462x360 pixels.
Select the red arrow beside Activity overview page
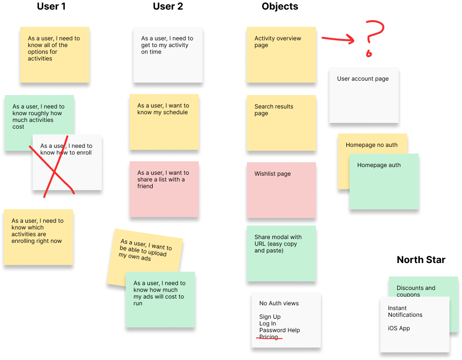click(338, 39)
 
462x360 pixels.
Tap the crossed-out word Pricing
click(268, 337)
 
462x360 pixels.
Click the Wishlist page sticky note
click(281, 190)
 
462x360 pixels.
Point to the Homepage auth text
click(379, 165)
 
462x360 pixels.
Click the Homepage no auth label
click(371, 145)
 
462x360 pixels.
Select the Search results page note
click(281, 122)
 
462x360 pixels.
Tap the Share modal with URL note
click(281, 253)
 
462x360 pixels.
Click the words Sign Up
click(270, 317)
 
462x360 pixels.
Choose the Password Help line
click(280, 330)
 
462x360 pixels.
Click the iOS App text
click(399, 328)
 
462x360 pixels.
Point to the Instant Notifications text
click(405, 312)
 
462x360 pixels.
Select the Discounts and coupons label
click(416, 288)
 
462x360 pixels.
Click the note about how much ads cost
click(160, 300)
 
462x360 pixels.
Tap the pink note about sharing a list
click(163, 189)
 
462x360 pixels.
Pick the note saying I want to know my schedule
click(163, 122)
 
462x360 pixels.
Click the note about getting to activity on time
click(168, 55)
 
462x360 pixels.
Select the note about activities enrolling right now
click(38, 236)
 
